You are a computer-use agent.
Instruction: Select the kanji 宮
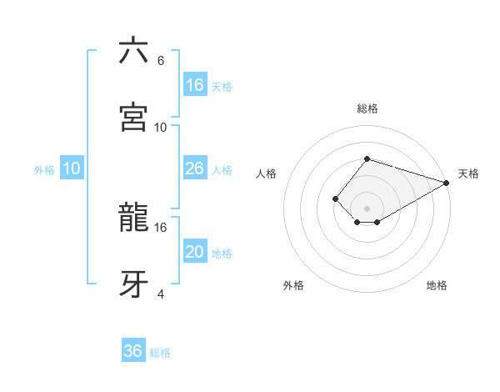pyautogui.click(x=134, y=118)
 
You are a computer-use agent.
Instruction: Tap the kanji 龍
pyautogui.click(x=134, y=219)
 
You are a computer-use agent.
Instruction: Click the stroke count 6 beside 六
pyautogui.click(x=161, y=61)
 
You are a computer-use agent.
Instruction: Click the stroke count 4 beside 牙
pyautogui.click(x=161, y=294)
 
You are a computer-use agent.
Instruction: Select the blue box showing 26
pyautogui.click(x=195, y=168)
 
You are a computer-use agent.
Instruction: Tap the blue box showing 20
pyautogui.click(x=195, y=252)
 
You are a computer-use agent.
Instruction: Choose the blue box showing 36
pyautogui.click(x=133, y=351)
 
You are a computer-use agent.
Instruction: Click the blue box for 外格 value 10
pyautogui.click(x=72, y=168)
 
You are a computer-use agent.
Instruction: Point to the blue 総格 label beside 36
pyautogui.click(x=160, y=353)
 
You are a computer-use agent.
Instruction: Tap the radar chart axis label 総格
pyautogui.click(x=367, y=108)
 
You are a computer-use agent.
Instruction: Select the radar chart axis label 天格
pyautogui.click(x=468, y=173)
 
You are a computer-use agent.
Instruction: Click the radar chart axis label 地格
pyautogui.click(x=437, y=285)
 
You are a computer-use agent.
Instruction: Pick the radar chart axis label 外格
pyautogui.click(x=293, y=285)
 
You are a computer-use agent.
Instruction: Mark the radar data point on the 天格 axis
pyautogui.click(x=447, y=183)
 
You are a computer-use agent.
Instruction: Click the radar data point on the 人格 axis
pyautogui.click(x=335, y=199)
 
